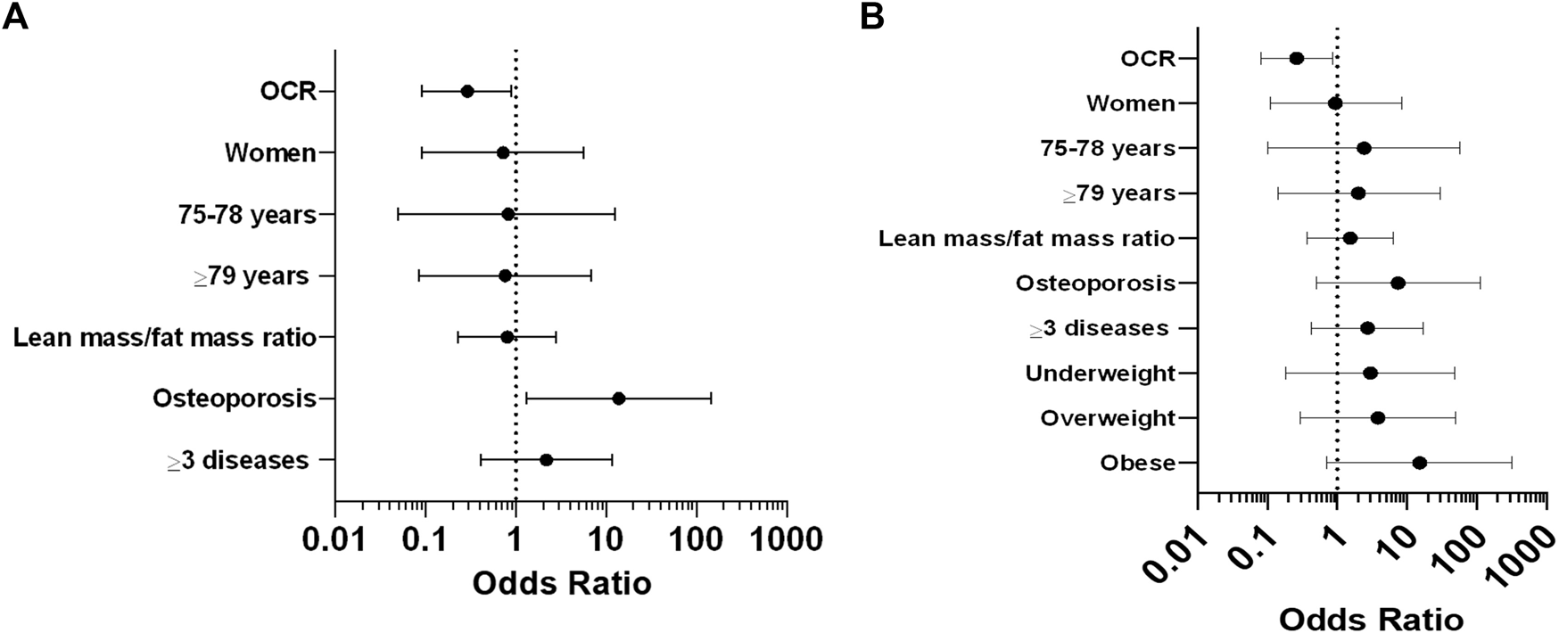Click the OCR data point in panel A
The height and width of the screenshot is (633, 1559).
[466, 91]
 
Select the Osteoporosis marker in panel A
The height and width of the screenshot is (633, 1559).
[618, 399]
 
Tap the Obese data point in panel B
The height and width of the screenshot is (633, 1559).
[1419, 463]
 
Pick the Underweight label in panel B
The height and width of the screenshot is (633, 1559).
[1100, 374]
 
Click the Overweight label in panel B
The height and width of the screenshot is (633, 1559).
[1108, 418]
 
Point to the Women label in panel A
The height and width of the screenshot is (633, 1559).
[270, 153]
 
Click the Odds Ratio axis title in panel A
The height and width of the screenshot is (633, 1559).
[561, 584]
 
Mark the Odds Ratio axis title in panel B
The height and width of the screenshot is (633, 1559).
[1371, 619]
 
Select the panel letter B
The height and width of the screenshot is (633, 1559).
[872, 17]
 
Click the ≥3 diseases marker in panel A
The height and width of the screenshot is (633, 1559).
[546, 460]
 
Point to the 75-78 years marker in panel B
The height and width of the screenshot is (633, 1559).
[1363, 148]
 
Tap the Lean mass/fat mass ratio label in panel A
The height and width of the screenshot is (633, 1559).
[165, 338]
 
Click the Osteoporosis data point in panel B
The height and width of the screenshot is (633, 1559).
[1398, 284]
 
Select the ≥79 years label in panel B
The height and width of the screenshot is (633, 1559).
[1119, 193]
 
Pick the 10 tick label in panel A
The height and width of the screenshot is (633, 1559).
[606, 540]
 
